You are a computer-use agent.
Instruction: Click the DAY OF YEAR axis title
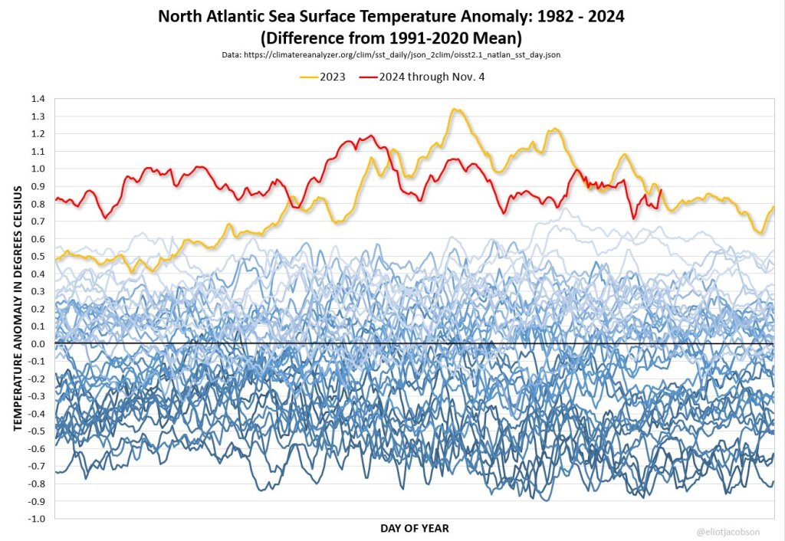click(x=415, y=528)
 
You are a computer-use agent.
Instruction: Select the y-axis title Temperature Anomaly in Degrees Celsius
click(x=17, y=308)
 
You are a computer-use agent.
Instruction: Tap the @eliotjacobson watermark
click(x=739, y=530)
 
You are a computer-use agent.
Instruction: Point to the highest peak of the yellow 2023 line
click(x=456, y=110)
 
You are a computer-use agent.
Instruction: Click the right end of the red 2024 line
click(x=661, y=191)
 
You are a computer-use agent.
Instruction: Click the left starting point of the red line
click(x=56, y=200)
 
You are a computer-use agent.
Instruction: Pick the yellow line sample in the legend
click(x=310, y=77)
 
